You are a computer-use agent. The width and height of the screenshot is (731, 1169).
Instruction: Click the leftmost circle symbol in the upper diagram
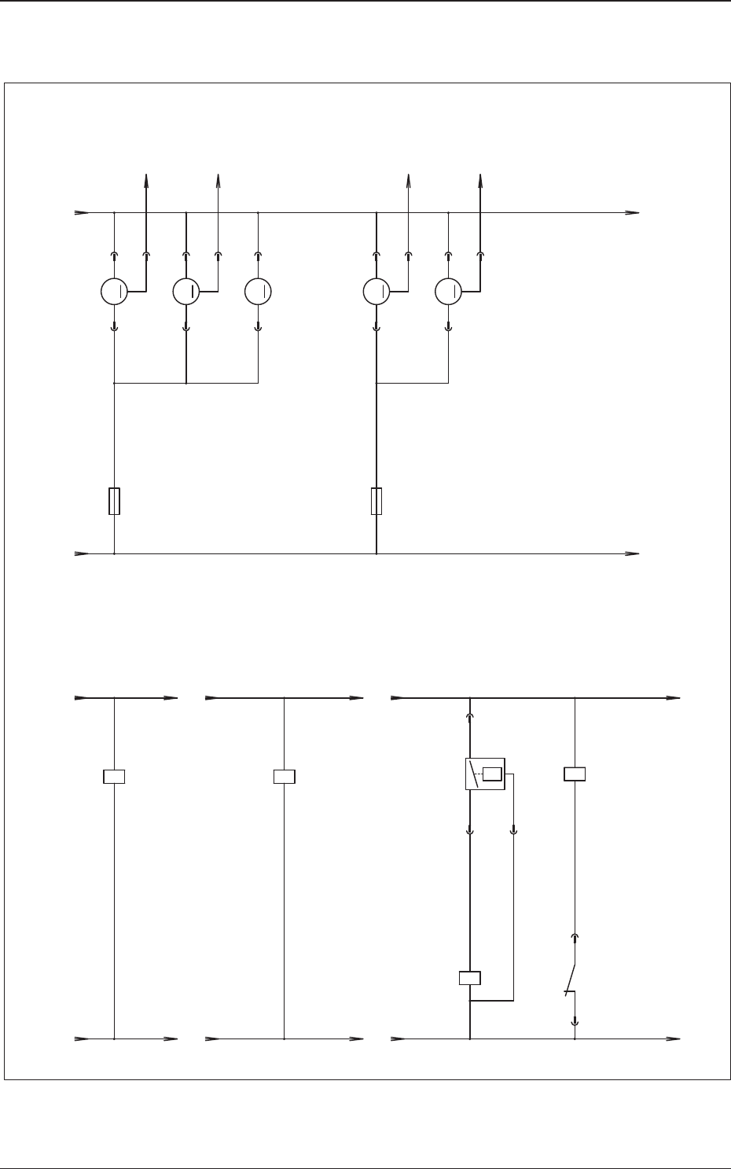(x=114, y=292)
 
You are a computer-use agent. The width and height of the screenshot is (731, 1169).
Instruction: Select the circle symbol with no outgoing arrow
(x=258, y=292)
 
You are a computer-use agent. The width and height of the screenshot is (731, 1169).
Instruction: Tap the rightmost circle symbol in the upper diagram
(x=448, y=292)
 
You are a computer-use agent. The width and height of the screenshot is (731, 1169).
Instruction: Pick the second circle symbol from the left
(x=186, y=292)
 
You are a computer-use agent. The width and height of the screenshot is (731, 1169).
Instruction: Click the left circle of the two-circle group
(x=376, y=292)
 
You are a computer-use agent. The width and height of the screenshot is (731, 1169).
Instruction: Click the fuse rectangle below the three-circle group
(x=115, y=501)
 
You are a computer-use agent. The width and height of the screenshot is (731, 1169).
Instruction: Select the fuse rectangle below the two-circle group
(x=377, y=501)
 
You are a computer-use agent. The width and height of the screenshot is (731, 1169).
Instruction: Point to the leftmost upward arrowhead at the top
(x=146, y=180)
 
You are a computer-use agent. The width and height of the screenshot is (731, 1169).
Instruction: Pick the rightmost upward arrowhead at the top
(x=481, y=180)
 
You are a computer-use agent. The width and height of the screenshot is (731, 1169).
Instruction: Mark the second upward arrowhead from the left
(x=218, y=180)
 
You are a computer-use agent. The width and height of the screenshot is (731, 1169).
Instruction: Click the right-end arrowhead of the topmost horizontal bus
(x=633, y=212)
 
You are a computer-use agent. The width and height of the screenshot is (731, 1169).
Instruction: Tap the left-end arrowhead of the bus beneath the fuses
(x=81, y=553)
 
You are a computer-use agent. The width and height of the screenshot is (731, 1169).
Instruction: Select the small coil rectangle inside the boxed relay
(x=492, y=774)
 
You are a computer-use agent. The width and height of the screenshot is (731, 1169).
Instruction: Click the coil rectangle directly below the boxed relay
(x=469, y=978)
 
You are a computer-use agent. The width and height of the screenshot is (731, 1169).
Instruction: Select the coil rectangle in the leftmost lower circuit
(x=115, y=777)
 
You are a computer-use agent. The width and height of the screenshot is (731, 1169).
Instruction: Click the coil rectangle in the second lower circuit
(x=284, y=777)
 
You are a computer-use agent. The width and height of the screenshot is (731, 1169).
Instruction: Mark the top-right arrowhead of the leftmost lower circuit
(x=171, y=697)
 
